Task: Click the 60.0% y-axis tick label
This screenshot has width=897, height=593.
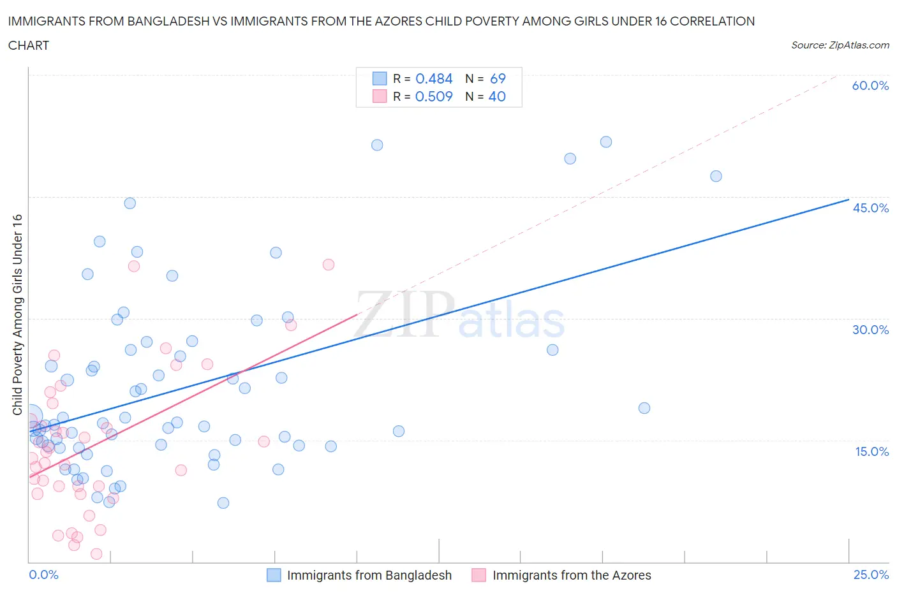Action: [870, 85]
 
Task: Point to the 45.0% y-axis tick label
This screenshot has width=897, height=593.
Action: [870, 208]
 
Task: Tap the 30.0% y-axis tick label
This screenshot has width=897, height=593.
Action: [870, 330]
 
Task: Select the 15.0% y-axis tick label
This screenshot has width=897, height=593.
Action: [870, 451]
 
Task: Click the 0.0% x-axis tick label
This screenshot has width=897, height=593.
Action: [43, 575]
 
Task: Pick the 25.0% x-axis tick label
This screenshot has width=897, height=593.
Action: [871, 575]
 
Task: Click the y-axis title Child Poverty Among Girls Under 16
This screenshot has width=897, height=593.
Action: [17, 314]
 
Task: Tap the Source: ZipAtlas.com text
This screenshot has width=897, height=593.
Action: [840, 45]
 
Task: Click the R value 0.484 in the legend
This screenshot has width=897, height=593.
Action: [434, 78]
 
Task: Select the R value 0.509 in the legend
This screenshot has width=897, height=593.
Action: [434, 96]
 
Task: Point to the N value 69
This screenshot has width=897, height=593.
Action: [498, 78]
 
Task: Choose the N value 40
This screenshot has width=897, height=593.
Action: [497, 96]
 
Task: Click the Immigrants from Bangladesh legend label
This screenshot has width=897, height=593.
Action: [369, 575]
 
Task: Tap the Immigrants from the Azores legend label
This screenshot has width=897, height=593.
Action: [572, 575]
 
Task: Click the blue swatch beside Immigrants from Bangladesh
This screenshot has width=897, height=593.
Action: [274, 575]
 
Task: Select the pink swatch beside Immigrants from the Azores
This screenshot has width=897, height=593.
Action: [479, 575]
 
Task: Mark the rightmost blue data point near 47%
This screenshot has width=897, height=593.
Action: [716, 176]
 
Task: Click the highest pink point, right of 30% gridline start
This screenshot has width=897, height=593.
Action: [329, 265]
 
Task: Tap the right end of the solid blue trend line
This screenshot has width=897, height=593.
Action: [849, 200]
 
